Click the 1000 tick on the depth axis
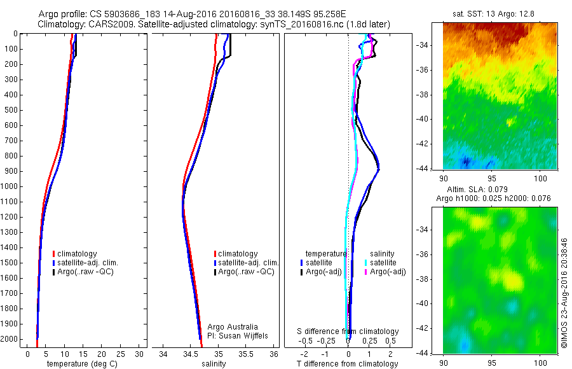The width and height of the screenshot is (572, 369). click(x=10, y=186)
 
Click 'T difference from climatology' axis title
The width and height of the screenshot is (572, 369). click(x=348, y=364)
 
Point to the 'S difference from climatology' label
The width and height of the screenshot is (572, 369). click(x=348, y=331)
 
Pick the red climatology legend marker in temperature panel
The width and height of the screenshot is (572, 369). click(x=54, y=254)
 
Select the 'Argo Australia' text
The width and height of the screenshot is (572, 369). click(x=233, y=327)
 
